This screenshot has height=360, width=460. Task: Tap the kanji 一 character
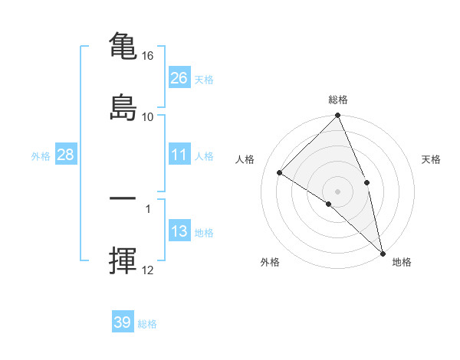coord(123,198)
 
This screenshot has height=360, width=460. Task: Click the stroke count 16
coord(148,56)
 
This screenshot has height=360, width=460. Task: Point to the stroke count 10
coord(148,116)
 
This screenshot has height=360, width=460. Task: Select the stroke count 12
coord(148,270)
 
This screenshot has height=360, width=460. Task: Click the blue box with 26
coord(179,78)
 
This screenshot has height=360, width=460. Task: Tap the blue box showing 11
coord(179,155)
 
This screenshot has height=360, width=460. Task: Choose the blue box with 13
coord(179,232)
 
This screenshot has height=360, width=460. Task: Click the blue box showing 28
coord(66,155)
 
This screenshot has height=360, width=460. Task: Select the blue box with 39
coord(123,322)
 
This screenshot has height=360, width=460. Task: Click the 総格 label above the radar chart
coord(338,100)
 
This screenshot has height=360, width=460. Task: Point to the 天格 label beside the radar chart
coord(432,159)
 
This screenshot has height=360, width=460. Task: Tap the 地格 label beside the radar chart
coord(402,262)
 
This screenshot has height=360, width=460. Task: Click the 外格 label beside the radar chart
coord(270,262)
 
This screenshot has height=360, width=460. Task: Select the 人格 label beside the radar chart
coord(245,159)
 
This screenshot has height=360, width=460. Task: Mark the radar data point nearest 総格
coord(338,116)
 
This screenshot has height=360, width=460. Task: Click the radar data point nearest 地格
coord(383,253)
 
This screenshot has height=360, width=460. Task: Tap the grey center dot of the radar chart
coord(338,191)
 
